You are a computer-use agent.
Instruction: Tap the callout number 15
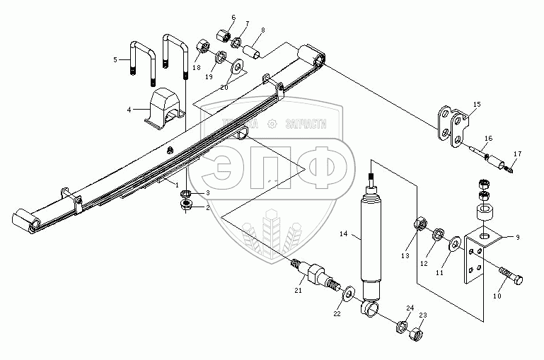pyautogui.click(x=476, y=104)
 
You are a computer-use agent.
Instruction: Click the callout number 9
pyautogui.click(x=517, y=238)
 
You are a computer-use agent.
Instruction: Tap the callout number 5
pyautogui.click(x=116, y=60)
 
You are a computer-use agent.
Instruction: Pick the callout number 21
pyautogui.click(x=298, y=291)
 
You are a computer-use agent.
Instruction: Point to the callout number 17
pyautogui.click(x=516, y=153)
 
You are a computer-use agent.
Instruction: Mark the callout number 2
pyautogui.click(x=207, y=208)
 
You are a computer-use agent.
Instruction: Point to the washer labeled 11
pyautogui.click(x=453, y=245)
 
